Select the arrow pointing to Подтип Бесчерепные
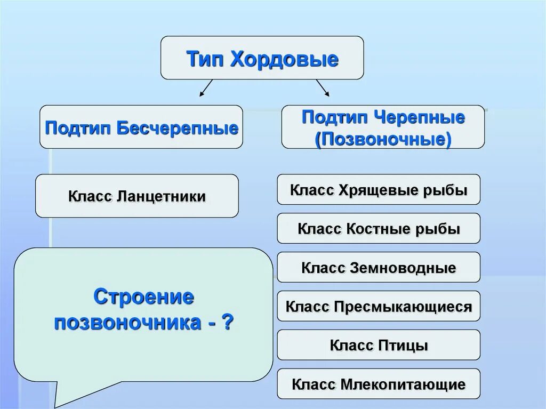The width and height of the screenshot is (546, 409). [x=206, y=88]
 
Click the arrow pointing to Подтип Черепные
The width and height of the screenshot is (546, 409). [x=323, y=88]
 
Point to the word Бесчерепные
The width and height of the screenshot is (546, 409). [x=177, y=128]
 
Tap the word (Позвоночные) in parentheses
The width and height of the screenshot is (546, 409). [x=383, y=139]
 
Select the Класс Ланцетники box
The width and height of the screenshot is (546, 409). [x=137, y=196]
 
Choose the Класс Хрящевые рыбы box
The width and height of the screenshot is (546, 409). [x=379, y=189]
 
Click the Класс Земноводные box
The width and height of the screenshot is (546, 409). [x=379, y=268]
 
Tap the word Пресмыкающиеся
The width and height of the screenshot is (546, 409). [x=403, y=307]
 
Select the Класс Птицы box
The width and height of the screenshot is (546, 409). [x=379, y=346]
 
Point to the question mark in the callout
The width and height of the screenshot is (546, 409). [x=228, y=323]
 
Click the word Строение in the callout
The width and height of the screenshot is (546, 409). [x=143, y=296]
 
